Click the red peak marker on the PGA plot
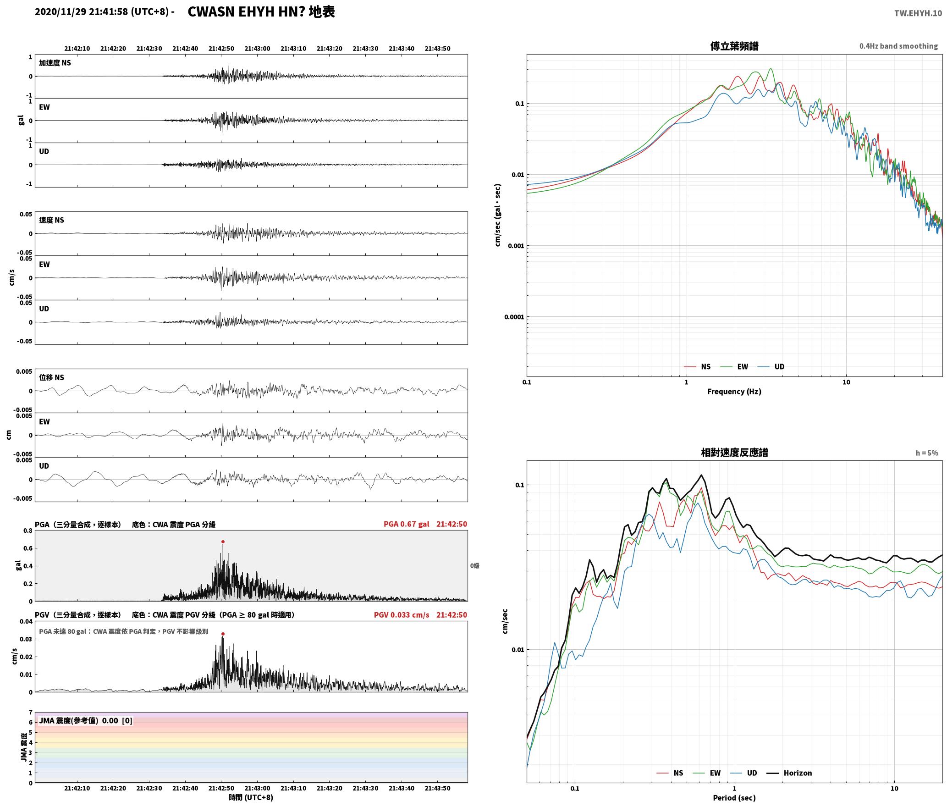tap(223, 542)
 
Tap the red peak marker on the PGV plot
tap(223, 634)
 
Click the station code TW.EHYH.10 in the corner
tap(918, 13)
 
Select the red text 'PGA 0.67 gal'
tap(407, 524)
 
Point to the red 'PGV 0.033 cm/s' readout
tap(402, 615)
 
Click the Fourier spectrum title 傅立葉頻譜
tap(734, 46)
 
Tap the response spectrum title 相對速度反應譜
tap(734, 453)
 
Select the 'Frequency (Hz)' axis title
tap(734, 392)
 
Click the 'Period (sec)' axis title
tap(734, 798)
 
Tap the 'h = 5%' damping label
tap(927, 453)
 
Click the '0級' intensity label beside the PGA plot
tap(475, 566)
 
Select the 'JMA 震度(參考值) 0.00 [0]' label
tap(86, 721)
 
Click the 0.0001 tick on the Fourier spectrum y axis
tap(514, 317)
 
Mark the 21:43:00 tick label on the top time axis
tap(257, 49)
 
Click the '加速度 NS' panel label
tap(55, 63)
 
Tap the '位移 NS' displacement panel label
tap(51, 377)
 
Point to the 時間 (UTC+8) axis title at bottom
tap(251, 797)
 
